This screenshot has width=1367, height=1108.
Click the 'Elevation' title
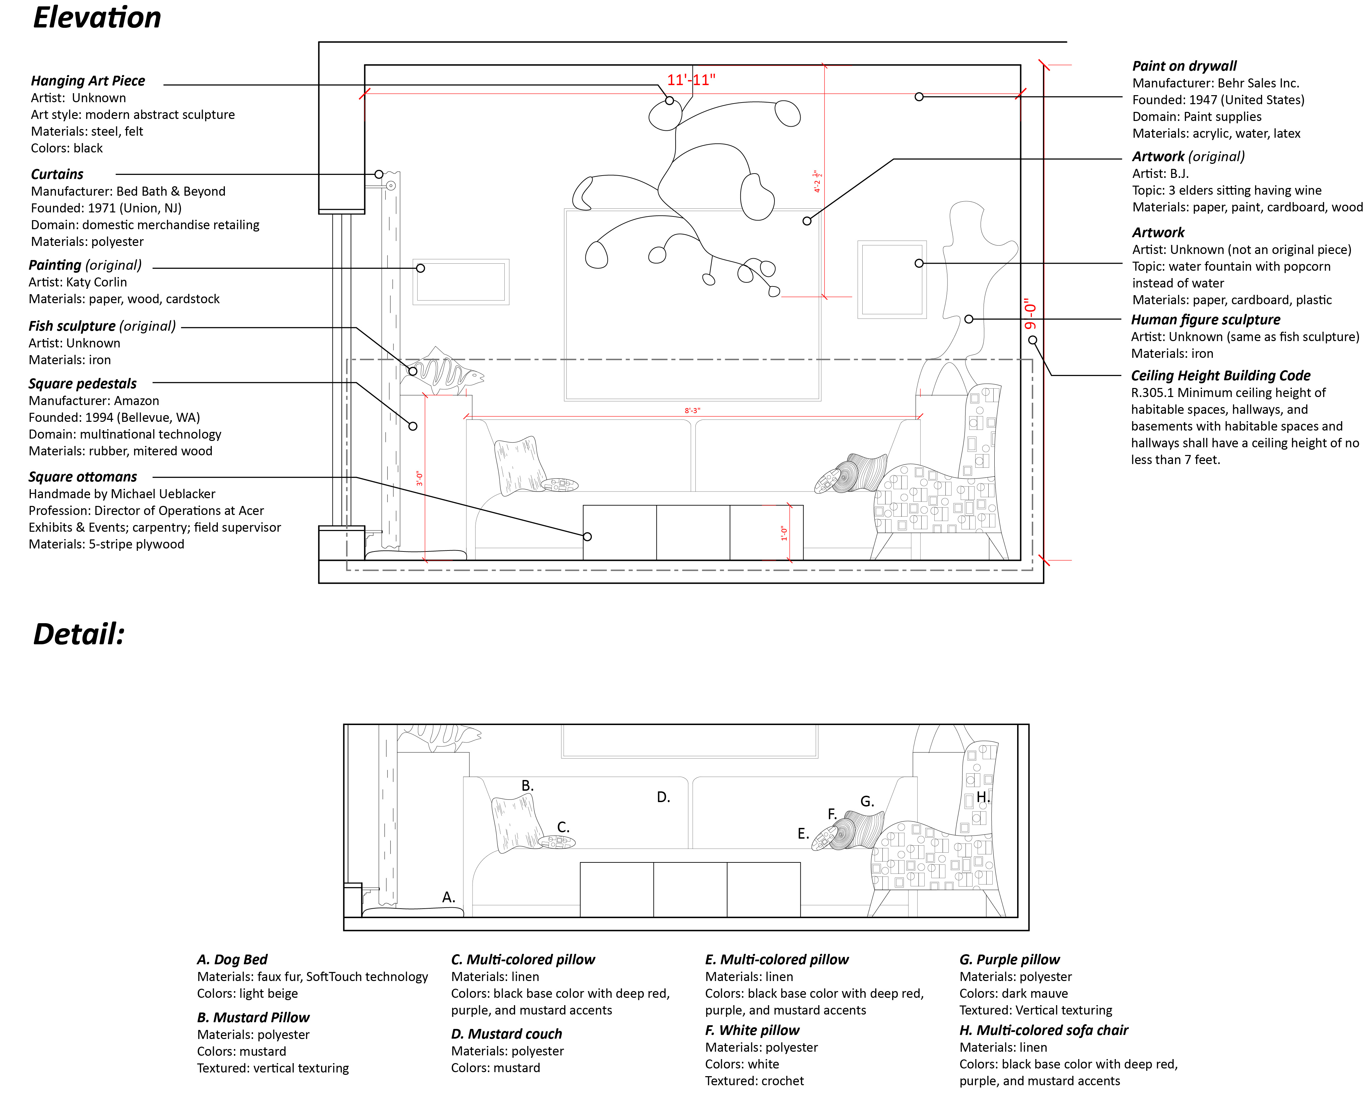point(97,17)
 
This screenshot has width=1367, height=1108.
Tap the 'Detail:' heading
point(78,634)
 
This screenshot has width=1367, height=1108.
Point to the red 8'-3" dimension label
point(692,410)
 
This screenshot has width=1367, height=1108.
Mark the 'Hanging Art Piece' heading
point(88,80)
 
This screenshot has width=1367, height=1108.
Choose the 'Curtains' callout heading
point(57,174)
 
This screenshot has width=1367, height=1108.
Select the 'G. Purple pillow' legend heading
point(1009,959)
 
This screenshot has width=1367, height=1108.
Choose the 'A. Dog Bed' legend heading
point(232,959)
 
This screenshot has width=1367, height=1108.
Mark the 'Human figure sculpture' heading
point(1205,320)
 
